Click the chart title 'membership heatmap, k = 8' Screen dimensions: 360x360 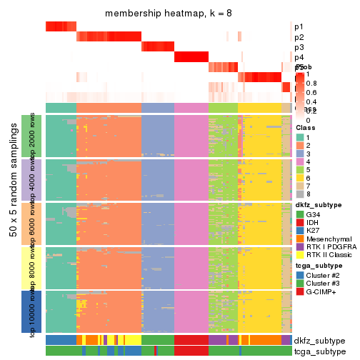pyautogui.click(x=169, y=14)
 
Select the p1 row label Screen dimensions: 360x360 pyautogui.click(x=298, y=27)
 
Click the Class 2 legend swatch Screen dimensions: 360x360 pyautogui.click(x=300, y=146)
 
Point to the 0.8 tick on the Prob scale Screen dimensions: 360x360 pyautogui.click(x=312, y=83)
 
